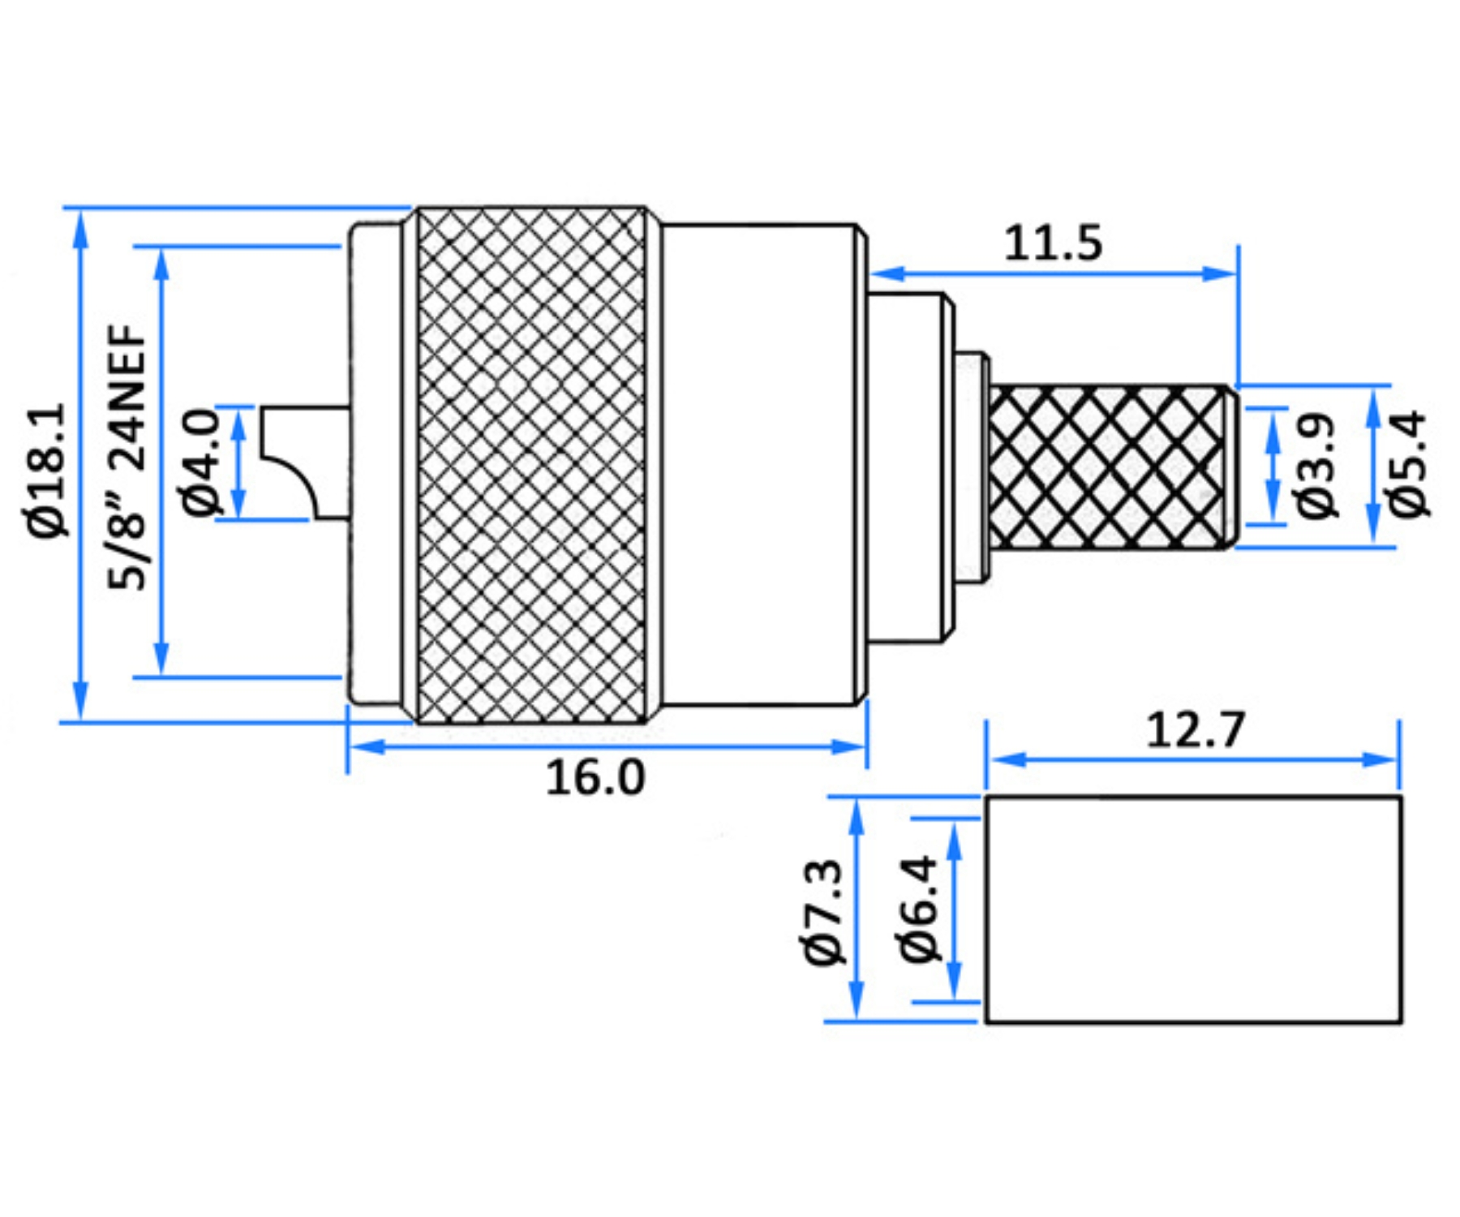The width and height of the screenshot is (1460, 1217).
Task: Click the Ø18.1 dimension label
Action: [49, 470]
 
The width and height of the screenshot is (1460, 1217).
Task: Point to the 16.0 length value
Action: [595, 776]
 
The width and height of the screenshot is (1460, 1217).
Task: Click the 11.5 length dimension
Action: [1053, 243]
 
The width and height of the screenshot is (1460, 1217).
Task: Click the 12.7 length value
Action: [1195, 729]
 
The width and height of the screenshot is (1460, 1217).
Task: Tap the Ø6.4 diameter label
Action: [920, 910]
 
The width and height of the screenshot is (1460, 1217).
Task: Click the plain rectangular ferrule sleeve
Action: [1193, 910]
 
